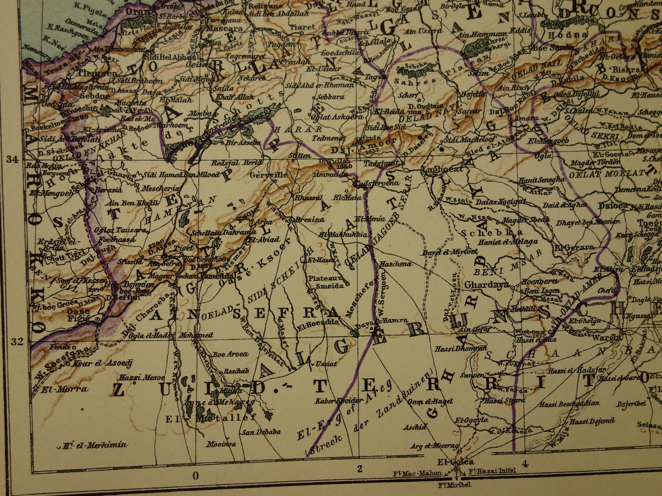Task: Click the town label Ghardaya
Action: (x=486, y=285)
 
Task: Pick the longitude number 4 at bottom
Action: (x=524, y=463)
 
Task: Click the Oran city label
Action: (x=137, y=11)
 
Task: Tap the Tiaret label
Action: (x=303, y=27)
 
